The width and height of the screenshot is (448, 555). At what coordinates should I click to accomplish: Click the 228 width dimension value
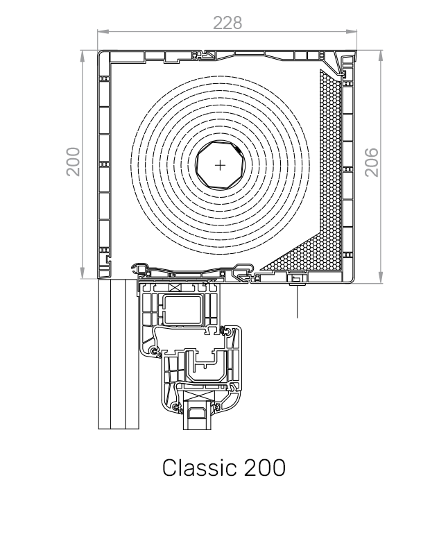[x=227, y=22]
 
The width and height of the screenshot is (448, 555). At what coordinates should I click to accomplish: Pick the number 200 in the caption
[x=264, y=467]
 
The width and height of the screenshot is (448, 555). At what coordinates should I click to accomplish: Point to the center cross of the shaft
[x=221, y=165]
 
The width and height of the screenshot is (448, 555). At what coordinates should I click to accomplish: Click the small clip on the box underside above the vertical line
[x=297, y=280]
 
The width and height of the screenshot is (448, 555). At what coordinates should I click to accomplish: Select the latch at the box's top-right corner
[x=343, y=65]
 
